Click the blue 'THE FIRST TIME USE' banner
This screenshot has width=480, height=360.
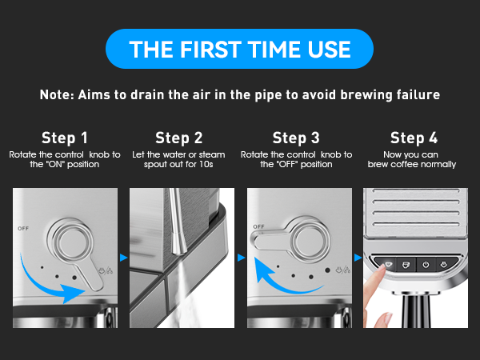[240, 48]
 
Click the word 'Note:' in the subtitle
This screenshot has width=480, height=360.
[57, 94]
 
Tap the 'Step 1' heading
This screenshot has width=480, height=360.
[65, 137]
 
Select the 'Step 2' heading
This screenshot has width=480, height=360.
[179, 137]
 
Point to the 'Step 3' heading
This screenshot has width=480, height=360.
[296, 137]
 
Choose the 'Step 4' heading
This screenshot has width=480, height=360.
[412, 137]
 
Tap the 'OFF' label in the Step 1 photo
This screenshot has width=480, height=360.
[22, 228]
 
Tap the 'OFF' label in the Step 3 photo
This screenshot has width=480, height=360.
[258, 226]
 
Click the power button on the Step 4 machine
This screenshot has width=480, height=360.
[426, 264]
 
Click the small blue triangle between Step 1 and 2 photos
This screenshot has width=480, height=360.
[122, 258]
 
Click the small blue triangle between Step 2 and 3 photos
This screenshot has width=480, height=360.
[239, 258]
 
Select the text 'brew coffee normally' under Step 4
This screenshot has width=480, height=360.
[412, 165]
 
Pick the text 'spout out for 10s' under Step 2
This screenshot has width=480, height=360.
[179, 165]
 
